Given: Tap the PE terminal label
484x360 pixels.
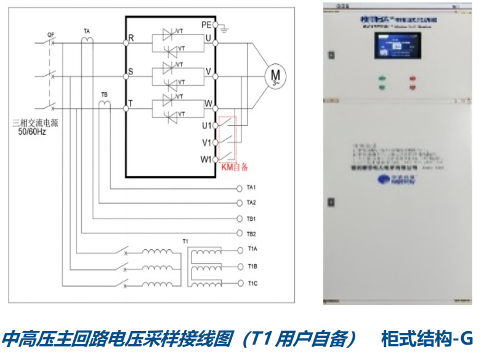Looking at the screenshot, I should tap(206, 24).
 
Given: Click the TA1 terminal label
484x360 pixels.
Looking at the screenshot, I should tap(251, 187).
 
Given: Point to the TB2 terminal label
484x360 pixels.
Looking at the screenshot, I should tap(251, 234).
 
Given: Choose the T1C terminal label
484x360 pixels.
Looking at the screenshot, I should tap(252, 282).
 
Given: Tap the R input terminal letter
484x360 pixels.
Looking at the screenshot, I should tap(131, 38).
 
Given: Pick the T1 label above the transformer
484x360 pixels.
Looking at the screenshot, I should tap(185, 240).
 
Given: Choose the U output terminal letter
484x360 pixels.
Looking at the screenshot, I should tap(208, 38).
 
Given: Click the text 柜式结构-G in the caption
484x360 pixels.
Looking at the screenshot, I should tap(426, 339).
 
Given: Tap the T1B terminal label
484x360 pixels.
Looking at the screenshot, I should tap(252, 266).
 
